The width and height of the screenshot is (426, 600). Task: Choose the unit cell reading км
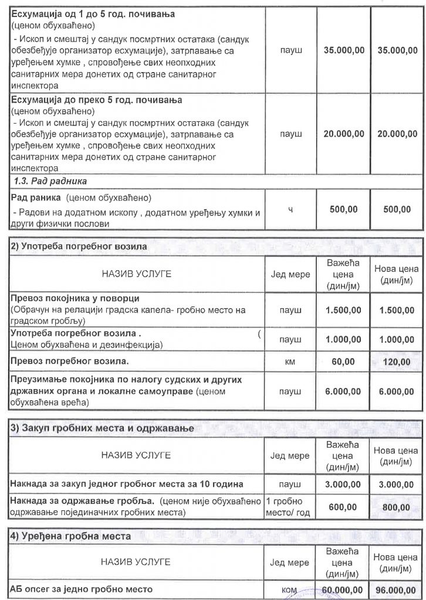tap(289, 362)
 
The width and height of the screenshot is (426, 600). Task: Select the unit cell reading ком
tap(289, 589)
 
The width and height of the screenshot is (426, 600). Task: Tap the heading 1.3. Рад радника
tap(50, 181)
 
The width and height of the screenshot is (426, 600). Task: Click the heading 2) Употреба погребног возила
tap(80, 247)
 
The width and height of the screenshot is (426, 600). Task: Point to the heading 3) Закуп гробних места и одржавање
tap(103, 428)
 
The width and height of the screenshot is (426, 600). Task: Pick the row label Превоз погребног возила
tap(70, 362)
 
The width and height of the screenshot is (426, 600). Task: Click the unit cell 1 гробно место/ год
tap(289, 507)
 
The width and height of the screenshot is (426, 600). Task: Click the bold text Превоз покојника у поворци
tap(76, 298)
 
